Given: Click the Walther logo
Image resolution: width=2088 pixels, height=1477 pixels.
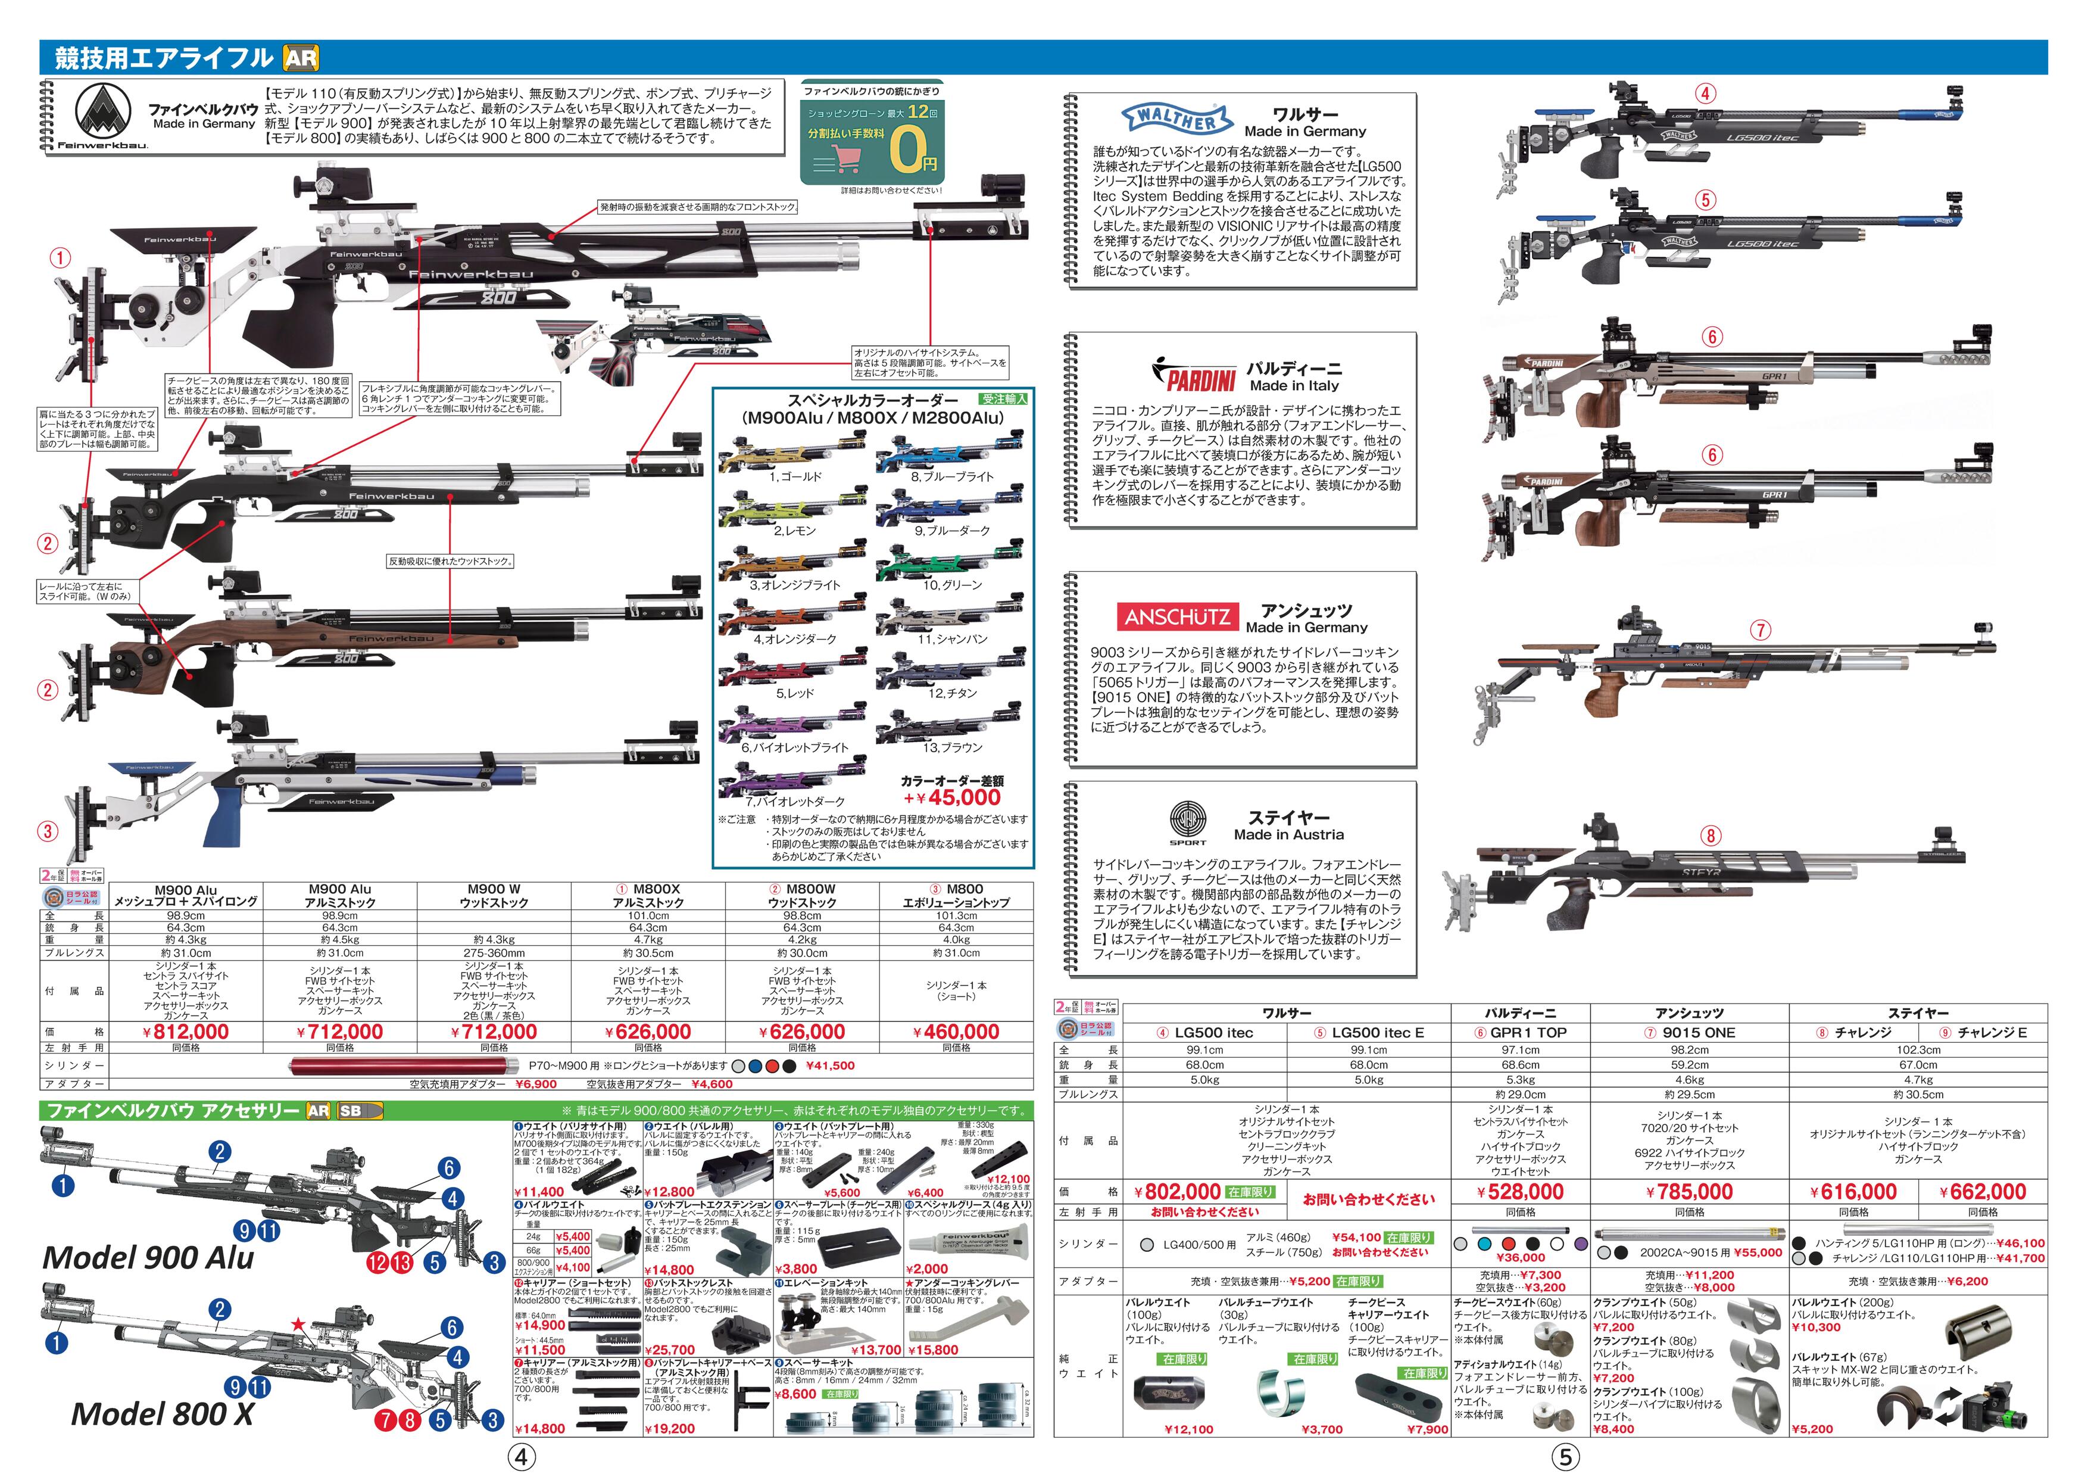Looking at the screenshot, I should [1178, 119].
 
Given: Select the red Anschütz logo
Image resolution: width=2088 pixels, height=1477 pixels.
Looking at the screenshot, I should [1178, 616].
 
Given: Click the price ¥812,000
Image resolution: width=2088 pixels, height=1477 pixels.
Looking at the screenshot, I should [186, 1032].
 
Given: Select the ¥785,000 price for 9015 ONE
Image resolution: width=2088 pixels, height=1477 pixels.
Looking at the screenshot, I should [1688, 1191].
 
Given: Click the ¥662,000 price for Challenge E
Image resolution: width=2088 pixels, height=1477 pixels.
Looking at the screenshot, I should [1983, 1191].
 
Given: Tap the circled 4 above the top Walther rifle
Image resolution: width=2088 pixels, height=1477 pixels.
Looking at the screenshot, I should [1705, 93].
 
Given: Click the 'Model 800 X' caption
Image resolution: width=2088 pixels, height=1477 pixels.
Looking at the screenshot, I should [162, 1413].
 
